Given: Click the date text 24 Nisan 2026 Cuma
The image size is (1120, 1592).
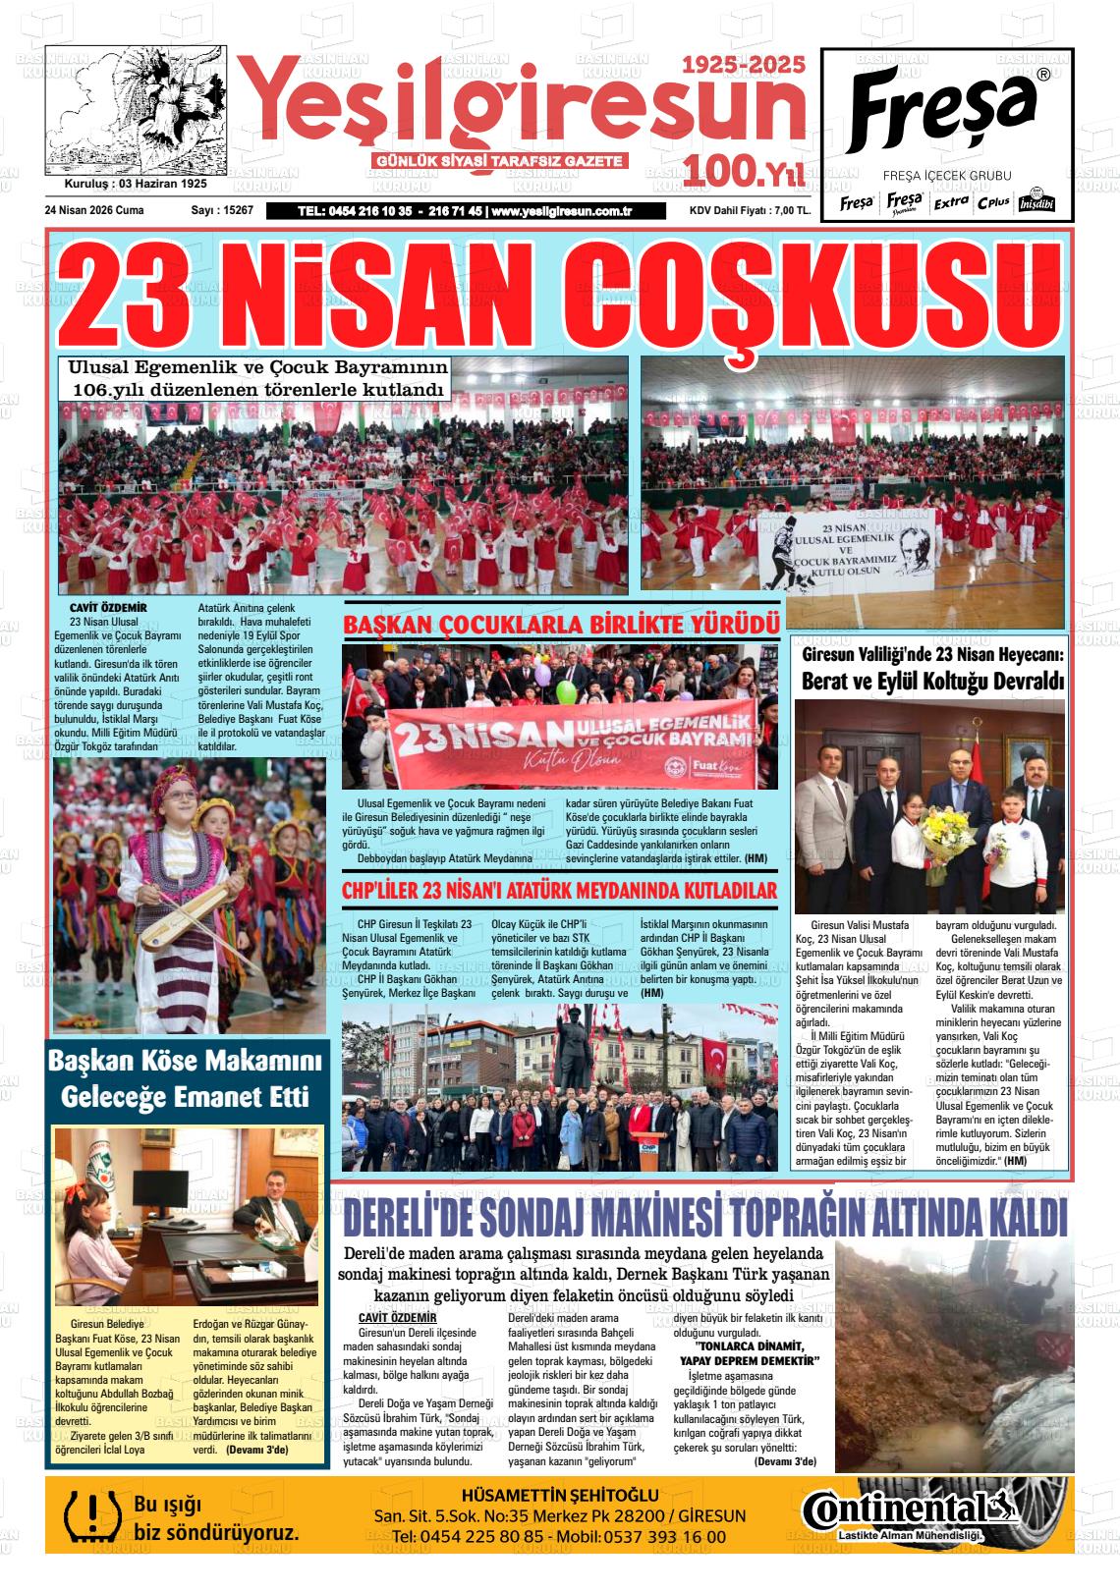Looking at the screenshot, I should point(94,210).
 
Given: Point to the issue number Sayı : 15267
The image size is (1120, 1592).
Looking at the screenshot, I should point(222,210).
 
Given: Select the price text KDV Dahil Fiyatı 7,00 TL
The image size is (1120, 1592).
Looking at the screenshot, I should point(750,210).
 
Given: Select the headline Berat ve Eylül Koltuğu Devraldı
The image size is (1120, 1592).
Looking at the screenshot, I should point(932,681).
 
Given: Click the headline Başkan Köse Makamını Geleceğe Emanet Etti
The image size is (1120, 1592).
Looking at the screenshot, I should point(185,1078).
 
